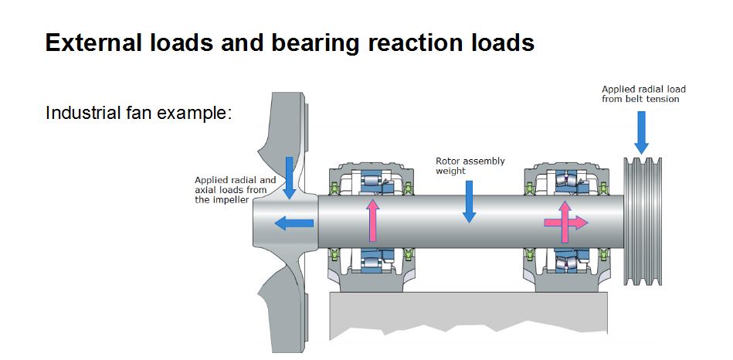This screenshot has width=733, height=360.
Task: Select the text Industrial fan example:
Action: point(139,113)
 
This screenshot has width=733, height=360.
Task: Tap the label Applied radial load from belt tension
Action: point(643,93)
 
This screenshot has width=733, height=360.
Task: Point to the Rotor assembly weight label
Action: point(470,165)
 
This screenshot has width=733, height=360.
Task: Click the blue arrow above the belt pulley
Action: point(641,132)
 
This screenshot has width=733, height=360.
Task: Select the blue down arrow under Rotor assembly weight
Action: point(468,205)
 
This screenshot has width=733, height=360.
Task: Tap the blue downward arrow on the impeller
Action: point(290,178)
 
